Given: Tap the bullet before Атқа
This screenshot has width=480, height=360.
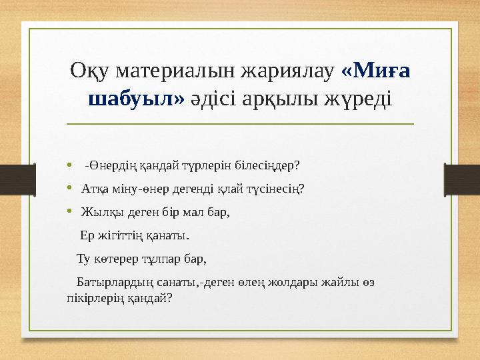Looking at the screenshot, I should (70, 189).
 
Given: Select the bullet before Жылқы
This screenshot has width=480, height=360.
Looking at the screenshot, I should (70, 213).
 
